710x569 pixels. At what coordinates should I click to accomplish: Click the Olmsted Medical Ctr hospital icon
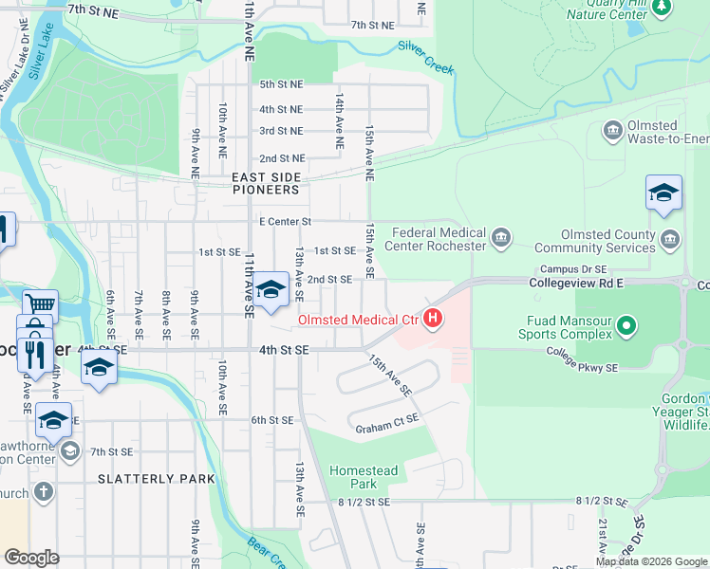pyautogui.click(x=433, y=319)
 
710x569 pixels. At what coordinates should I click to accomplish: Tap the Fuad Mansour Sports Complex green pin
pyautogui.click(x=626, y=327)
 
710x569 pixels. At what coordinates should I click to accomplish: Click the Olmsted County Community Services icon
pyautogui.click(x=671, y=236)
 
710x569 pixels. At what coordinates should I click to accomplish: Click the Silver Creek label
pyautogui.click(x=426, y=57)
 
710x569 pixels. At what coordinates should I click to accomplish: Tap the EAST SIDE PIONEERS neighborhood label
pyautogui.click(x=267, y=183)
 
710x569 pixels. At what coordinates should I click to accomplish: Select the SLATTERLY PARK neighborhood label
pyautogui.click(x=157, y=479)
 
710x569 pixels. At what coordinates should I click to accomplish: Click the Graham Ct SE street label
pyautogui.click(x=386, y=429)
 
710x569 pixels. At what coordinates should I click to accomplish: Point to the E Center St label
pyautogui.click(x=285, y=222)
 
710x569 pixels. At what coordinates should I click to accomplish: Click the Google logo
pyautogui.click(x=31, y=557)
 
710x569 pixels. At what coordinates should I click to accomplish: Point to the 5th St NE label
pyautogui.click(x=281, y=84)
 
